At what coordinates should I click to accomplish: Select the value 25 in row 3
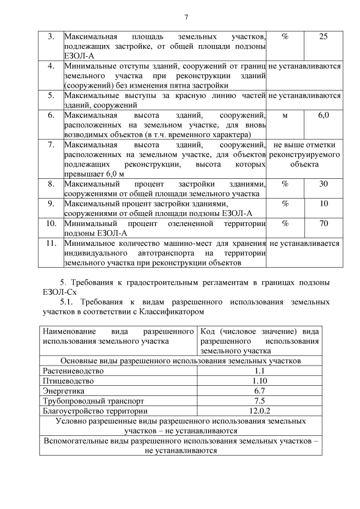(x=323, y=37)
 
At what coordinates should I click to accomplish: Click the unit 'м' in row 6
(x=285, y=115)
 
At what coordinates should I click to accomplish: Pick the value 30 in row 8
(x=323, y=184)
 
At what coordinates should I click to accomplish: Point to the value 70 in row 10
(x=323, y=224)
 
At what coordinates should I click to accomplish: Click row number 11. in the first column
(x=51, y=244)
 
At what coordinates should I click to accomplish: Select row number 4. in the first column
(x=51, y=66)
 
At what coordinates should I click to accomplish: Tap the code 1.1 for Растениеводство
(x=259, y=371)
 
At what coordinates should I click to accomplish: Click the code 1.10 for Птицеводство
(x=259, y=381)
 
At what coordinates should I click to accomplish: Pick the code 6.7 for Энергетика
(x=259, y=391)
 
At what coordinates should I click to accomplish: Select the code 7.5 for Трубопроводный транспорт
(x=259, y=401)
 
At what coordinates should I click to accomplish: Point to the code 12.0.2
(x=259, y=411)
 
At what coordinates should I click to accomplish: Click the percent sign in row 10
(x=285, y=224)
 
